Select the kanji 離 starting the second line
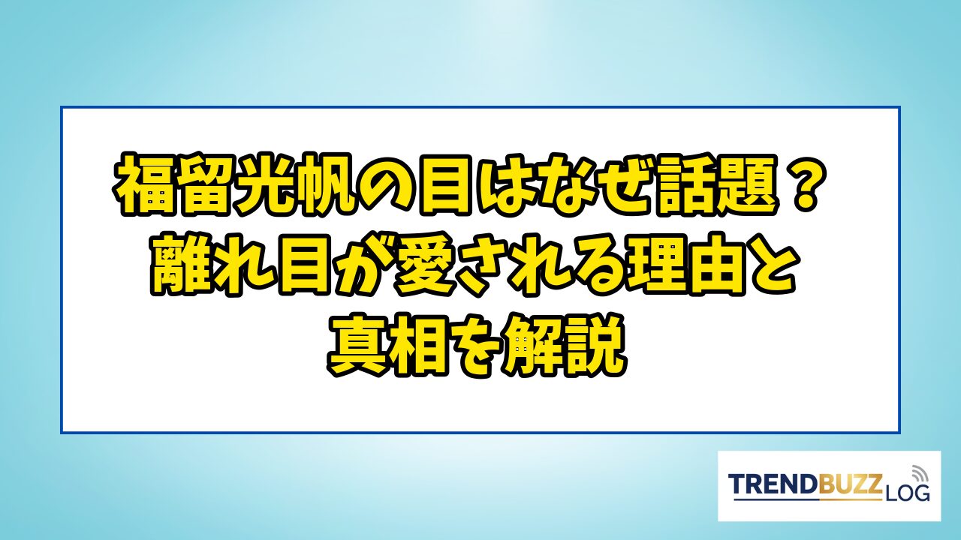[181, 265]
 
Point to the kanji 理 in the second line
[656, 265]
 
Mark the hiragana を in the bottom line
[477, 346]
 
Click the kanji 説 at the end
[597, 346]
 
